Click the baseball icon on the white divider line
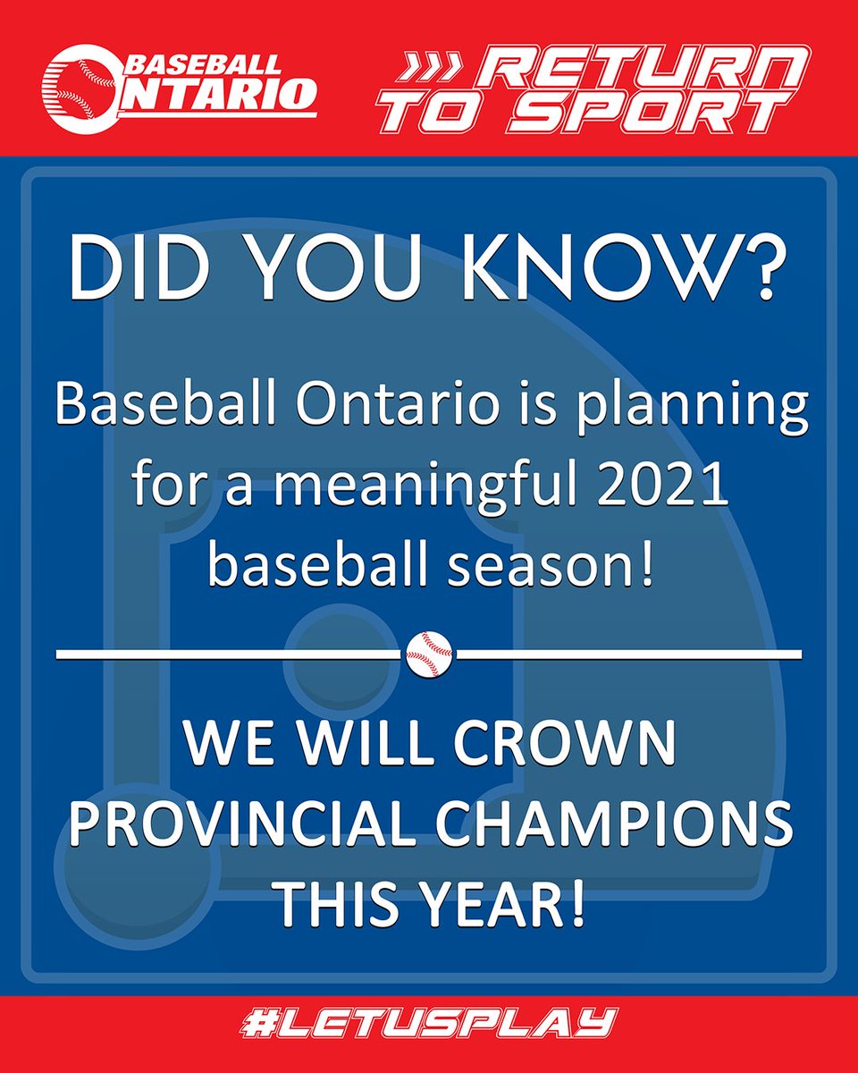pos(430,654)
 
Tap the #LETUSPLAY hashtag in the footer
pos(428,1023)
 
